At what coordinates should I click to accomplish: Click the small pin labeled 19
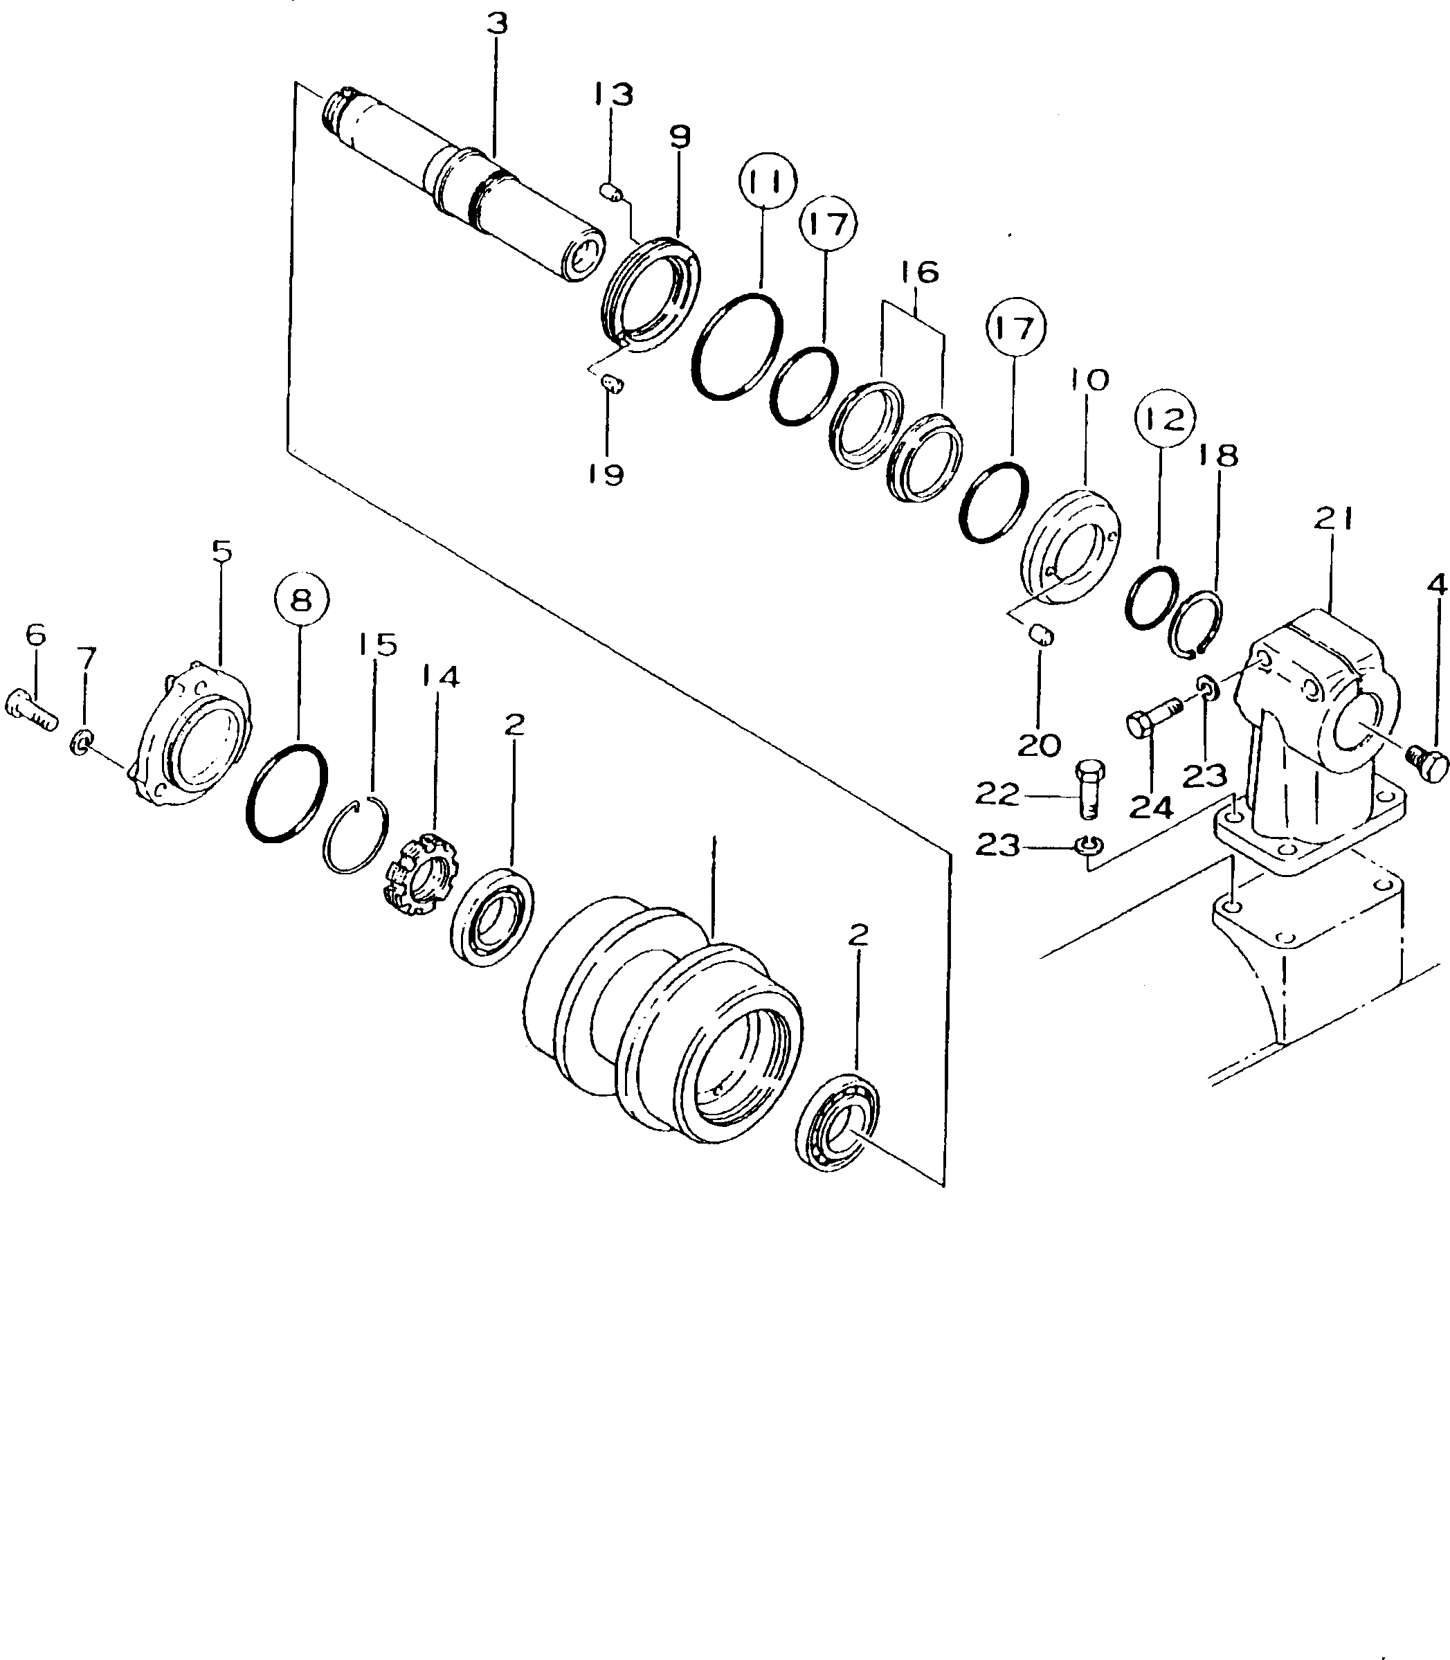(x=613, y=383)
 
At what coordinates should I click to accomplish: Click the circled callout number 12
(x=1165, y=418)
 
